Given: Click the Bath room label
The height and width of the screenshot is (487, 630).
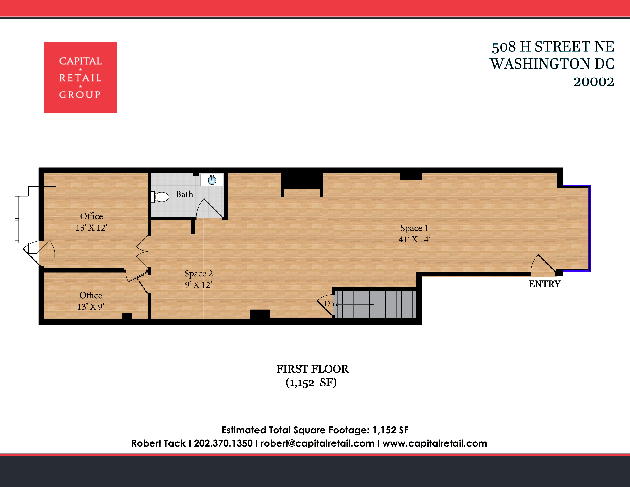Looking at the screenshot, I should click(x=184, y=194).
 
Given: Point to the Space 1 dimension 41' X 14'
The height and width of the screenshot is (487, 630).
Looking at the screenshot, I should click(x=414, y=239).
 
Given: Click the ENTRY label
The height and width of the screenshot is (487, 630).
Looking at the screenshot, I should click(x=544, y=284).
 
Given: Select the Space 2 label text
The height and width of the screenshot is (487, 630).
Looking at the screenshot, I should click(x=199, y=273).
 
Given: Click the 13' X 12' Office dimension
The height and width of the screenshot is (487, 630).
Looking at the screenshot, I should click(x=91, y=228).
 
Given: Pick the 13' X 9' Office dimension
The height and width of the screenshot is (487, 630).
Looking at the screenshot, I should click(x=90, y=307).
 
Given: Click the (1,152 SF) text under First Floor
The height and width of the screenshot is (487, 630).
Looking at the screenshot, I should click(x=311, y=383).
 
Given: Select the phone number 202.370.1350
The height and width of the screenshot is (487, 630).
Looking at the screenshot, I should click(x=223, y=443).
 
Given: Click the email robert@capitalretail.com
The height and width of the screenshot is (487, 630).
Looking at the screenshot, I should click(x=317, y=443).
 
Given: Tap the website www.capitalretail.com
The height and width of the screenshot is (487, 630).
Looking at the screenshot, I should click(x=435, y=443).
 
